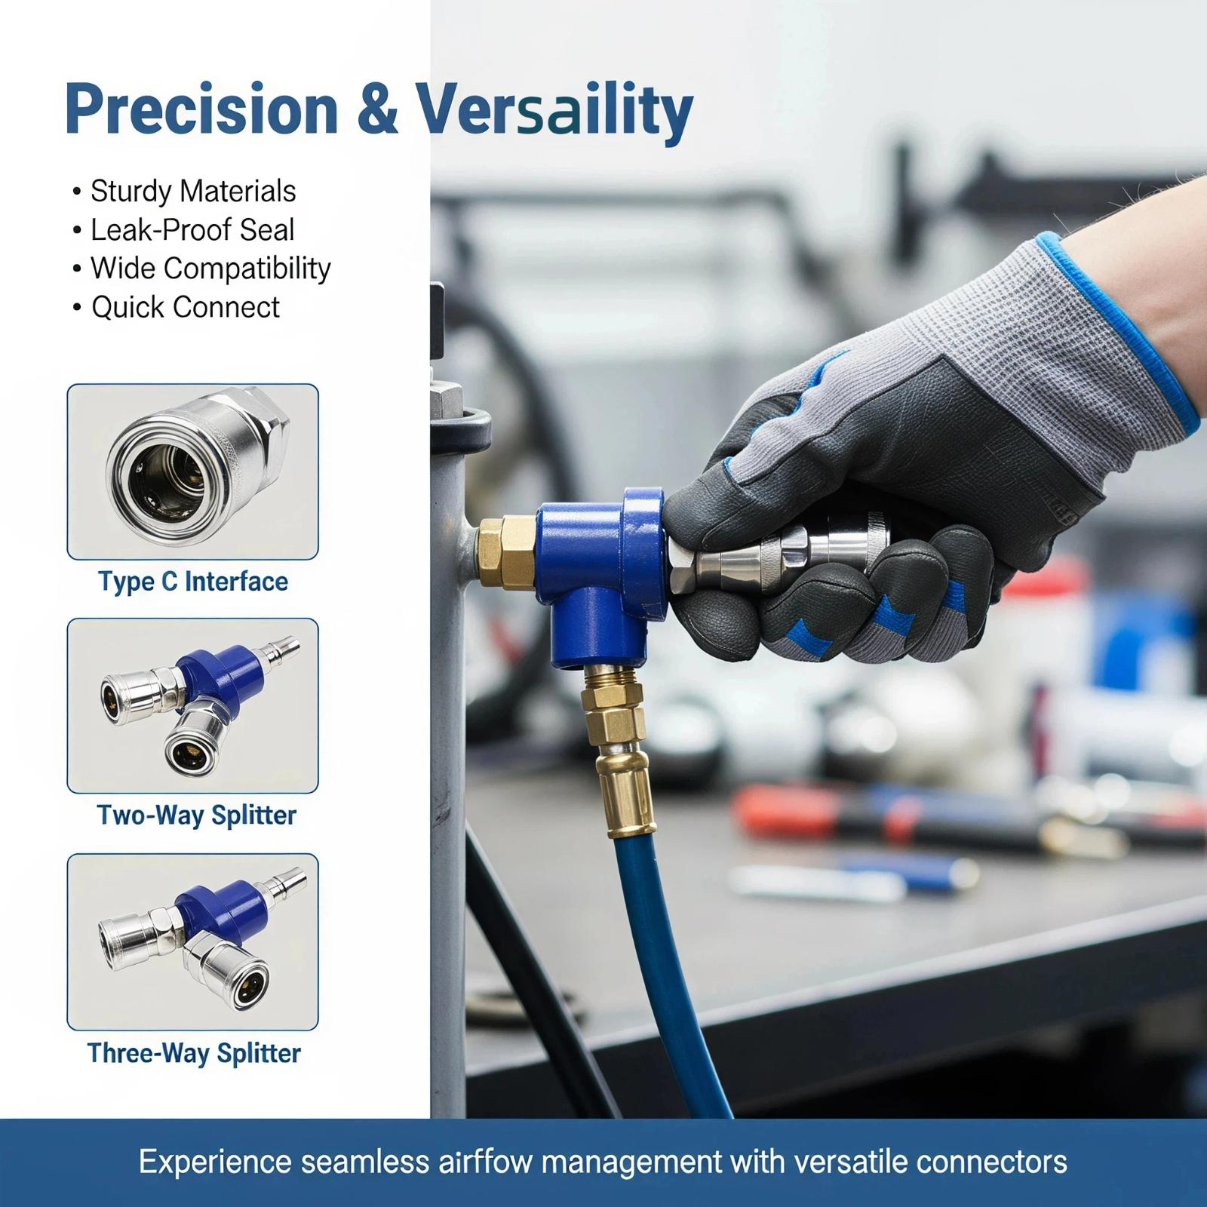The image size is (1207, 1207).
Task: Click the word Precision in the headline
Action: [x=201, y=110]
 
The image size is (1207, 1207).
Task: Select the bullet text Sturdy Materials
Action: [x=193, y=192]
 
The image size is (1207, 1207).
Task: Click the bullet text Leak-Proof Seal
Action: [x=192, y=230]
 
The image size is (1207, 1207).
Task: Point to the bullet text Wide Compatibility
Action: [x=210, y=269]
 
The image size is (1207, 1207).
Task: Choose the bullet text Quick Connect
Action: [x=186, y=307]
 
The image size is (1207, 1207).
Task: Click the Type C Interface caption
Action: [x=193, y=582]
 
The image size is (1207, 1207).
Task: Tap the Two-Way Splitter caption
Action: [x=197, y=815]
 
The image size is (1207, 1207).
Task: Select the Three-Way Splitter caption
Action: [x=194, y=1053]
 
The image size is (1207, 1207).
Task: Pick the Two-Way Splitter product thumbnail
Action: [x=193, y=706]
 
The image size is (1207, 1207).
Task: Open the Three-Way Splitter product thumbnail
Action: [x=193, y=942]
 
